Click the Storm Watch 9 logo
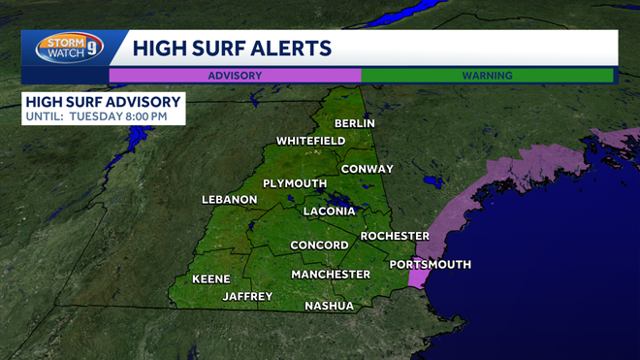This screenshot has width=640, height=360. (70, 48)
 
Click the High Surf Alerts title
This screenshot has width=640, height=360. (232, 48)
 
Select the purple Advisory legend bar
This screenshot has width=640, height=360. (235, 75)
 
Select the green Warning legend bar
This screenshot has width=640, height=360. (487, 75)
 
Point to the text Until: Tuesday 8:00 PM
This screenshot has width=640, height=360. (97, 116)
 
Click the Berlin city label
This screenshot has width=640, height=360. (355, 123)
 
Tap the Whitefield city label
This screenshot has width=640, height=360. (310, 141)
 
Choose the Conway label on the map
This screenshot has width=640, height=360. (367, 169)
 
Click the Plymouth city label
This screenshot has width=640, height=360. (295, 183)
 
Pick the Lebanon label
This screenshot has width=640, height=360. (230, 200)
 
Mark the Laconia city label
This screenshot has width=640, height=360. (331, 211)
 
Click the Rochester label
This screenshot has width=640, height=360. (395, 236)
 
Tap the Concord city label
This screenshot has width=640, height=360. (319, 245)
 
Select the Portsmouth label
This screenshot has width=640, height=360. (430, 264)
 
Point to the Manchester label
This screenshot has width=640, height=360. (331, 275)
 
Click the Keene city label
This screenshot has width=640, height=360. (210, 278)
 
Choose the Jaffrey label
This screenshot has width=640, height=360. (247, 296)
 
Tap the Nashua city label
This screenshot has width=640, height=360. (329, 306)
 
